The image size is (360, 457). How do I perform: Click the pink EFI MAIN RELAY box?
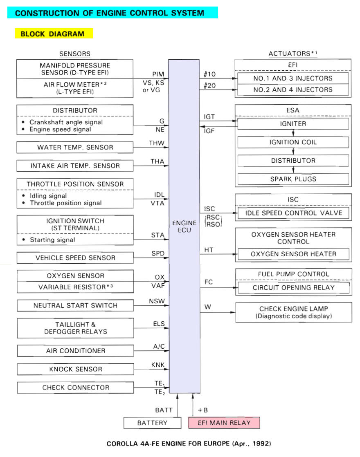(x=224, y=423)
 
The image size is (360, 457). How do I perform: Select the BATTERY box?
(x=152, y=423)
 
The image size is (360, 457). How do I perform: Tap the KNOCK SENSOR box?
(x=75, y=369)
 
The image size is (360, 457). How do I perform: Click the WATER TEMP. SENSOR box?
(x=75, y=147)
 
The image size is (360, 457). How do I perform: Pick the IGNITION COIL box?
(x=293, y=142)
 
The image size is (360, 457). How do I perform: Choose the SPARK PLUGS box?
(x=293, y=179)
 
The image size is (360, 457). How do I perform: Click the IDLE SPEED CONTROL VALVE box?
(x=293, y=213)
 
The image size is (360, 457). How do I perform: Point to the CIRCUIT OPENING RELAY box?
(x=293, y=287)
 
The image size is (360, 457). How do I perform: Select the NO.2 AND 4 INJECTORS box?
(x=293, y=90)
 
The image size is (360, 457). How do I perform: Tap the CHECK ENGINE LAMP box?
(x=293, y=312)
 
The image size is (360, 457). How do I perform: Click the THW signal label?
(x=157, y=143)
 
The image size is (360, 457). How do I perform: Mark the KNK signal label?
(x=158, y=365)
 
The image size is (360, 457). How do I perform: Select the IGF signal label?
(x=209, y=130)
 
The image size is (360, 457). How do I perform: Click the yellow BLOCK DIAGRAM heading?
(x=54, y=34)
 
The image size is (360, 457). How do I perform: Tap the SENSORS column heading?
(x=75, y=54)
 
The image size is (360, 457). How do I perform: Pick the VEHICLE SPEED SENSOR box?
(x=75, y=258)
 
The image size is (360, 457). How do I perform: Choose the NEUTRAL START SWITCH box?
(x=75, y=305)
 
